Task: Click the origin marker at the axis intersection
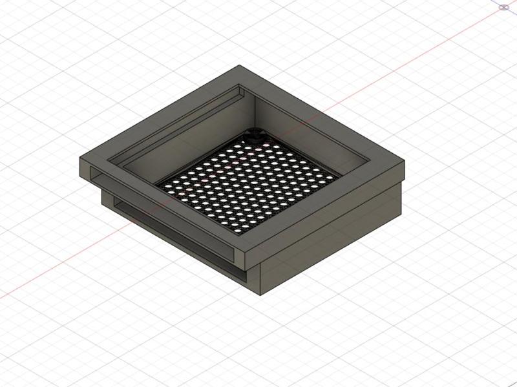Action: point(504,7)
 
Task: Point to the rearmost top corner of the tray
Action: point(240,65)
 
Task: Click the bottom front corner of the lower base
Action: point(260,295)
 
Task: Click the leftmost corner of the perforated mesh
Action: point(156,183)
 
